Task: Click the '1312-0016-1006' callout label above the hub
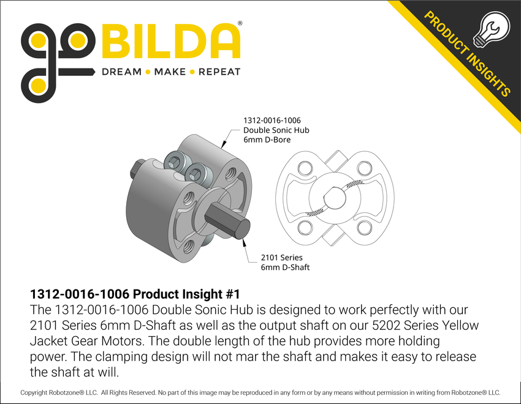click(272, 121)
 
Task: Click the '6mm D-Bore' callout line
click(267, 140)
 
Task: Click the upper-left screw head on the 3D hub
click(177, 162)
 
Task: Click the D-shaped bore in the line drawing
click(333, 198)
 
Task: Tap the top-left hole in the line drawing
click(304, 167)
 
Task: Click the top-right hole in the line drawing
click(364, 167)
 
